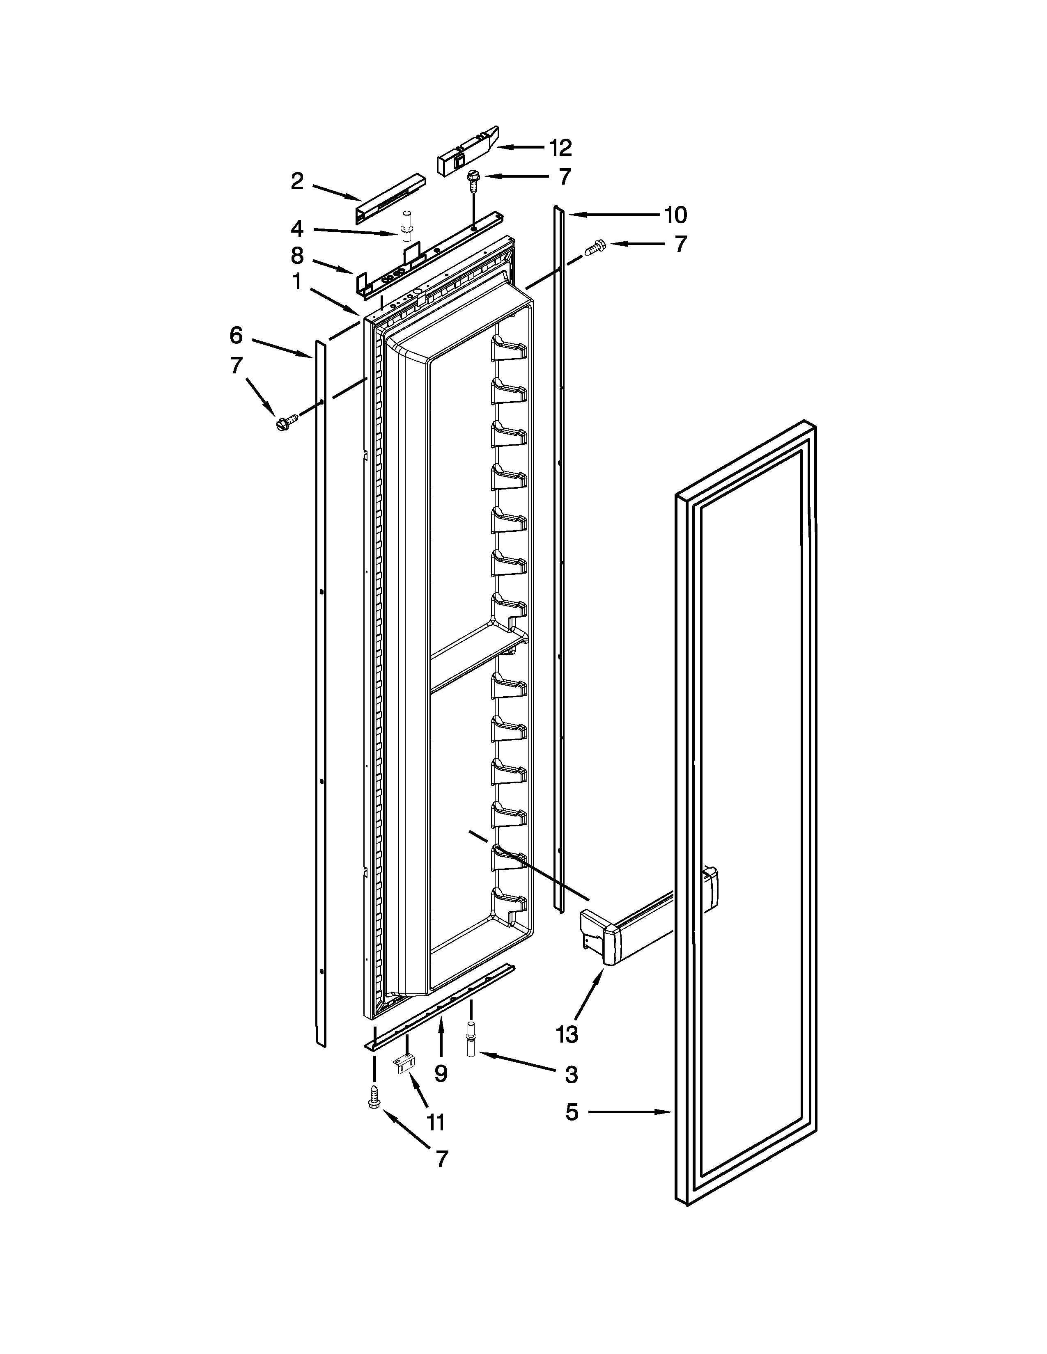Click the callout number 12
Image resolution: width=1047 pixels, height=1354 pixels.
click(x=560, y=148)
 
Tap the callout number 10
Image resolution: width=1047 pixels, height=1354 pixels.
click(x=675, y=215)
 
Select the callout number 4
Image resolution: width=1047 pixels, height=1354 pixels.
click(x=297, y=229)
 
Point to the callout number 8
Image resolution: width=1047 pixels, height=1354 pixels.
click(x=297, y=256)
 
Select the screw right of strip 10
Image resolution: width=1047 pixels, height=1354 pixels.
click(x=594, y=248)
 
